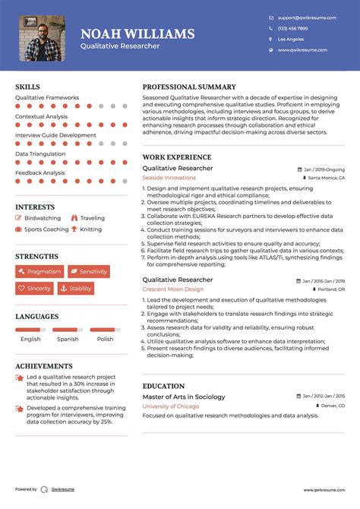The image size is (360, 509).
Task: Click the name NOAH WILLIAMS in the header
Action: tap(137, 33)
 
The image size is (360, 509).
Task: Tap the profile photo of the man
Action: tap(42, 38)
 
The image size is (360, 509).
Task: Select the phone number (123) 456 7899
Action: tap(292, 27)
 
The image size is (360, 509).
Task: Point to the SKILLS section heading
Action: tap(27, 87)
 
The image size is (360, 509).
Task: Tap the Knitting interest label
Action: tap(90, 229)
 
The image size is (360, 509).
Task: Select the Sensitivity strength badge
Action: tap(89, 271)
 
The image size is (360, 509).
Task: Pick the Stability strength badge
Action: tap(76, 289)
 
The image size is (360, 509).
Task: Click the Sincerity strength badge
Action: tap(35, 289)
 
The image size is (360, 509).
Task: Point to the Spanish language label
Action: tap(68, 339)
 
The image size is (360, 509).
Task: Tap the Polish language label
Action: tap(105, 339)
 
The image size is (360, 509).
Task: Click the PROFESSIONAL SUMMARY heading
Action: tap(189, 87)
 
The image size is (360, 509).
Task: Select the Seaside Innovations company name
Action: tap(169, 178)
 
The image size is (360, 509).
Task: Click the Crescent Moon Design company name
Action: tap(172, 289)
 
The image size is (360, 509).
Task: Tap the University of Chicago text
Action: tap(171, 406)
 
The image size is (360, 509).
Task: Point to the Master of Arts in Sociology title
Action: tap(184, 397)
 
